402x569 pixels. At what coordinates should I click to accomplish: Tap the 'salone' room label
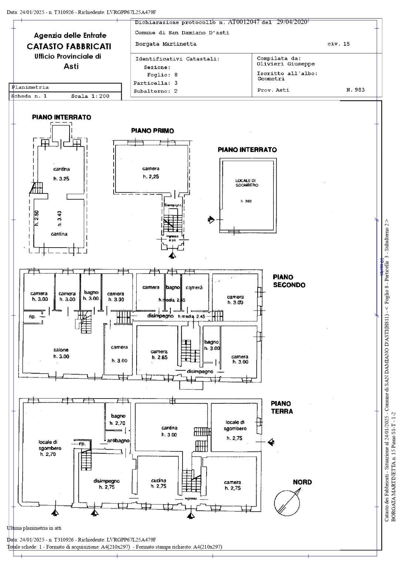[61, 350]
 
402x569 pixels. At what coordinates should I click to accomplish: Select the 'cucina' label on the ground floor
[158, 480]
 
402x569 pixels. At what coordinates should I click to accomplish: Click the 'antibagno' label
[118, 441]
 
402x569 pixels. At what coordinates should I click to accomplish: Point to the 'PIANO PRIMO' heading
[153, 131]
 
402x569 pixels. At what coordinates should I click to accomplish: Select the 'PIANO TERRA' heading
[281, 407]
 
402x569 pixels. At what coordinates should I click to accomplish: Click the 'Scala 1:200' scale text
[90, 96]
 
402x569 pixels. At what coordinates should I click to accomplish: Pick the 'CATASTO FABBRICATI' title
[69, 46]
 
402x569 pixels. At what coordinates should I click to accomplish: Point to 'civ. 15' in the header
[338, 44]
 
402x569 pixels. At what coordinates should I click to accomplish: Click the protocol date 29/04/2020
[292, 22]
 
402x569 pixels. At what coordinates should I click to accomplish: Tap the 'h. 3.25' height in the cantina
[61, 179]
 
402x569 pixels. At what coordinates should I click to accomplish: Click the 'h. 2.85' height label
[159, 357]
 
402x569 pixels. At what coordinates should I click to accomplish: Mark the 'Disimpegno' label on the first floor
[173, 205]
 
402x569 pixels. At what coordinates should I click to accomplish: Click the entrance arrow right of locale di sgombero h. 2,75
[271, 441]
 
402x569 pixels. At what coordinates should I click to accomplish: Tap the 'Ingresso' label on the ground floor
[191, 499]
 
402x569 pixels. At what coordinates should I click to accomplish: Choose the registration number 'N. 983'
[355, 90]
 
